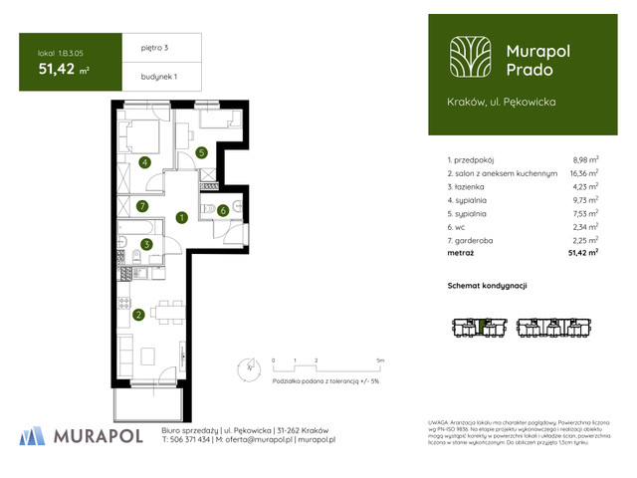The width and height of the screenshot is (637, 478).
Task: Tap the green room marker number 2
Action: coord(139,316)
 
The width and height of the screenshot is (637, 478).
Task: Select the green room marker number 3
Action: coord(145,244)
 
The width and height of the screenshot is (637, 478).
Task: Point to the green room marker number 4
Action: coord(145,162)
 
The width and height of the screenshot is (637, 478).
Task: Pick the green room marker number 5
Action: coord(201,152)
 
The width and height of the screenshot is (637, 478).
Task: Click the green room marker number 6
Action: coord(223,210)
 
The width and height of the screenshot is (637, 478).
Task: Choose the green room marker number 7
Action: coord(143,207)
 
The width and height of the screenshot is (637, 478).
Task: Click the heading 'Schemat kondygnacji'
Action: coord(487,286)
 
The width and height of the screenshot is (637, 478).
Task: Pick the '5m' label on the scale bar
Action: coord(380,359)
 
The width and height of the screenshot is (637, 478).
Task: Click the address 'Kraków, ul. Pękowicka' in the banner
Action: coord(502,102)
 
